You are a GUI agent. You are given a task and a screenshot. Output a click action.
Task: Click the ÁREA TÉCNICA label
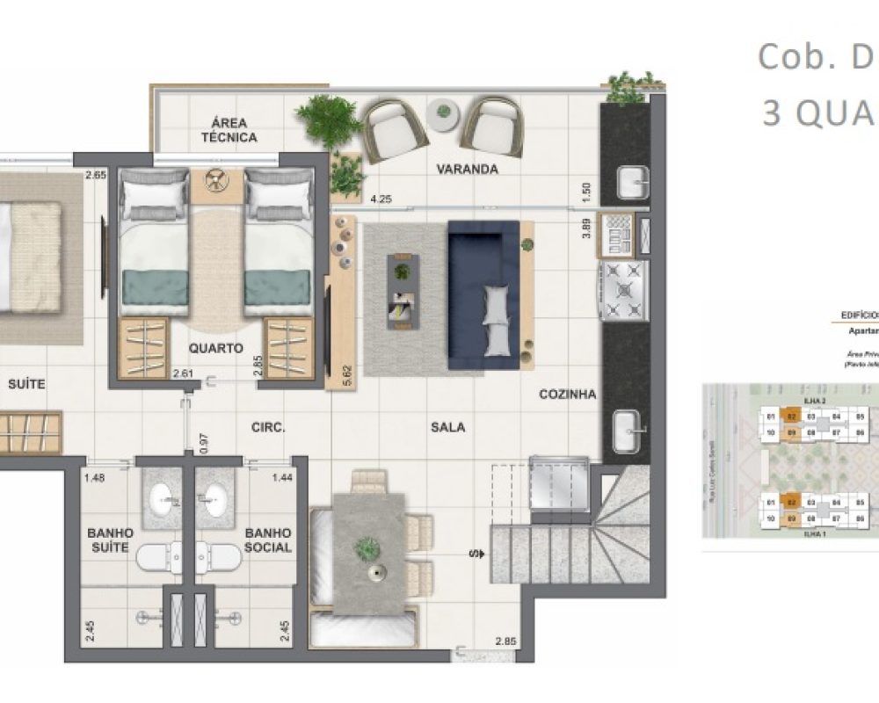tap(229, 130)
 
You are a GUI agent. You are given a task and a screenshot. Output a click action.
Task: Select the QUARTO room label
tap(215, 348)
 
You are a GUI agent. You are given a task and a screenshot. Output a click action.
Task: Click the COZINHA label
tap(567, 395)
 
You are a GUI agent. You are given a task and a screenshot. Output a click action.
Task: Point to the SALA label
tap(447, 427)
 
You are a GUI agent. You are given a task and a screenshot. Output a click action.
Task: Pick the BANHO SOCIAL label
tap(268, 540)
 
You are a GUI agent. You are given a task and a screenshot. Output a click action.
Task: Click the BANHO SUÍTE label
tap(110, 540)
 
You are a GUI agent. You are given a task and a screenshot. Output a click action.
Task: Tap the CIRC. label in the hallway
tap(267, 427)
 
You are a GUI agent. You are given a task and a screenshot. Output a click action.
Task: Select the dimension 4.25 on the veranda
tap(381, 199)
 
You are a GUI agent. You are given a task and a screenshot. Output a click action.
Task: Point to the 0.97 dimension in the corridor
tap(203, 443)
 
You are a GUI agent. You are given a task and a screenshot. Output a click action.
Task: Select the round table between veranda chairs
tap(444, 112)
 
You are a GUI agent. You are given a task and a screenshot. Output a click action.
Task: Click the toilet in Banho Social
tap(218, 555)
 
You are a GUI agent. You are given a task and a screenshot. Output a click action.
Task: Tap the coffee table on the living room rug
tap(403, 291)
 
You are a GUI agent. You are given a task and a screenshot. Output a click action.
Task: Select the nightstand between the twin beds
tap(215, 182)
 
